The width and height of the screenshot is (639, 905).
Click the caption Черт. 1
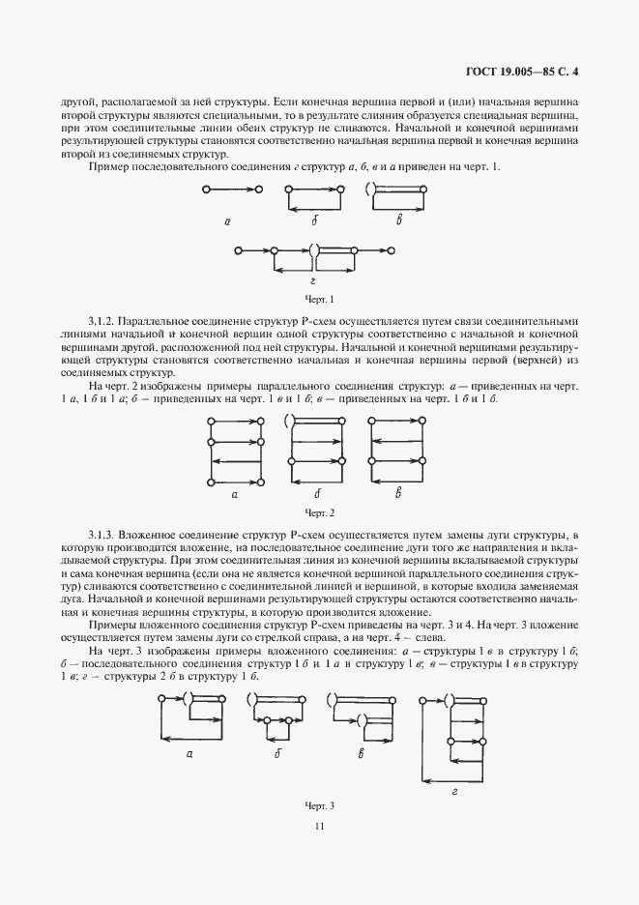click(x=319, y=299)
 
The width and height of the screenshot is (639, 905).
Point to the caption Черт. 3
click(x=319, y=804)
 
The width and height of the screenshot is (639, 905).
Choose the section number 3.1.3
click(x=104, y=535)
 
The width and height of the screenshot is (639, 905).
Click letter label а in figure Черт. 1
click(x=227, y=221)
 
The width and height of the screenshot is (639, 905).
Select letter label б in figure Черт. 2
click(x=316, y=493)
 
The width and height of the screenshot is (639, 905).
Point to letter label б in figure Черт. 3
click(x=277, y=755)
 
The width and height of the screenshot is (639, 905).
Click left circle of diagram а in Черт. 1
click(x=207, y=190)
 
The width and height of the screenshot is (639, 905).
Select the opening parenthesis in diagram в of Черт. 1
click(x=368, y=190)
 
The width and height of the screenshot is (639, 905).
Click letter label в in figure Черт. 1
click(x=398, y=221)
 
